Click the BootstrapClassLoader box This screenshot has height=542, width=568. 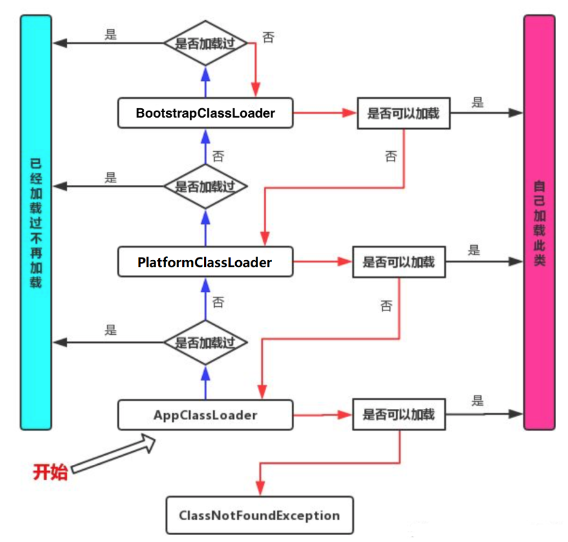click(x=205, y=113)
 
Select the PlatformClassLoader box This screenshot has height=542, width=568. click(x=205, y=261)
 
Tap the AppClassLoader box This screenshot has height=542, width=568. click(x=205, y=415)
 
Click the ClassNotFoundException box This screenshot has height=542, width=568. click(x=259, y=515)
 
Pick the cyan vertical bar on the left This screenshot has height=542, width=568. click(x=36, y=222)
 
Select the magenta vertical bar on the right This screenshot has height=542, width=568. click(x=539, y=222)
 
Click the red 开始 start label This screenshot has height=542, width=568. click(x=50, y=472)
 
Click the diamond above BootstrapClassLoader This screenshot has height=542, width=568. click(x=205, y=43)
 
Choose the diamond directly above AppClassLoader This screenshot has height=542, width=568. click(x=205, y=342)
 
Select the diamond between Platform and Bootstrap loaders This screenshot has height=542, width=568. click(x=205, y=186)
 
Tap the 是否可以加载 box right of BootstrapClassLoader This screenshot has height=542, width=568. click(x=404, y=113)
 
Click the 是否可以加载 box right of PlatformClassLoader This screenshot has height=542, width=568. click(x=399, y=262)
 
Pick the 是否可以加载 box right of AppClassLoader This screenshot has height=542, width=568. click(x=399, y=414)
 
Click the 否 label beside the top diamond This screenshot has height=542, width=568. click(x=268, y=37)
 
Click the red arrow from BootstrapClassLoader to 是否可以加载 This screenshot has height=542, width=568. click(x=325, y=113)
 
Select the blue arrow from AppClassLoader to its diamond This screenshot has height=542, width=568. click(x=205, y=383)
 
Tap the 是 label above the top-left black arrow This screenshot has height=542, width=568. click(x=111, y=34)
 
